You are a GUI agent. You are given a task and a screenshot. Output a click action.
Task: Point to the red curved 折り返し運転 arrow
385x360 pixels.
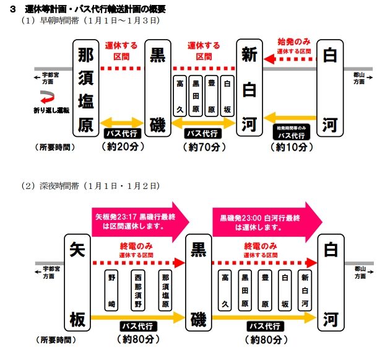point(48,97)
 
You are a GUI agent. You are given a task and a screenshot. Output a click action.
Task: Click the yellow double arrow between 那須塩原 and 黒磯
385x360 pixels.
point(121,122)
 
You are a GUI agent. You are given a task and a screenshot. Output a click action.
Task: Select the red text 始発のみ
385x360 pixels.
point(294,41)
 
